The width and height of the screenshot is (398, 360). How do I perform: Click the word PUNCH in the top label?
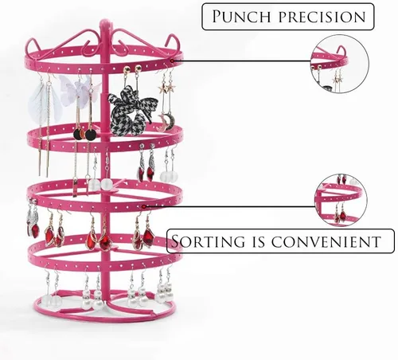tap(240, 17)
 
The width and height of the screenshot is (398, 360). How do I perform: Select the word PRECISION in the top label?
tap(322, 17)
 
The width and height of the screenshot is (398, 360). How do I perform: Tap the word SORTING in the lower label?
tap(209, 241)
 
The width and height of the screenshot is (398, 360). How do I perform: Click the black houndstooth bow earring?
tap(131, 109)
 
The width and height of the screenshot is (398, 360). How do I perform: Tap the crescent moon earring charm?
tap(166, 121)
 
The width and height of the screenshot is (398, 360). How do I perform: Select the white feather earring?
tap(44, 104)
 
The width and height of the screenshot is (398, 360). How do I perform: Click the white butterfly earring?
tap(78, 89)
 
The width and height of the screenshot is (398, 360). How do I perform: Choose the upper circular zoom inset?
tap(340, 64)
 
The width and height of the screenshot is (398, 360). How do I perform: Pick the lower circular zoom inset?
tap(341, 200)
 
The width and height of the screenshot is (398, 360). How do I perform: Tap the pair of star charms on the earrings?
tap(166, 88)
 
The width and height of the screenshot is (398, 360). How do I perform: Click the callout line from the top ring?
tap(241, 61)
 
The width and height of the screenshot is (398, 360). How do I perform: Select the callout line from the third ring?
tap(230, 206)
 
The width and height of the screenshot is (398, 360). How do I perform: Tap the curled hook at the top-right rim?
tap(174, 42)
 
